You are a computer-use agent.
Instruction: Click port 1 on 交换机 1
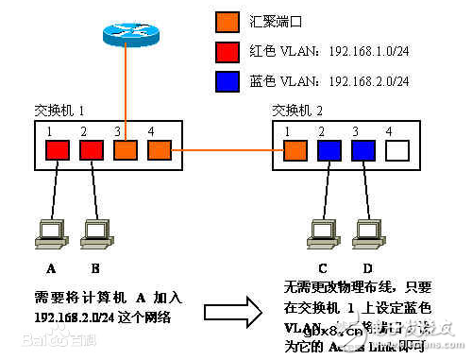pos(59,148)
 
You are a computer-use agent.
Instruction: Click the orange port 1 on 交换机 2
pos(295,149)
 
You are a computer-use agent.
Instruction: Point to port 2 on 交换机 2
pos(329,149)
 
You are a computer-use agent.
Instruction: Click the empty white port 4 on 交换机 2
pos(397,149)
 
